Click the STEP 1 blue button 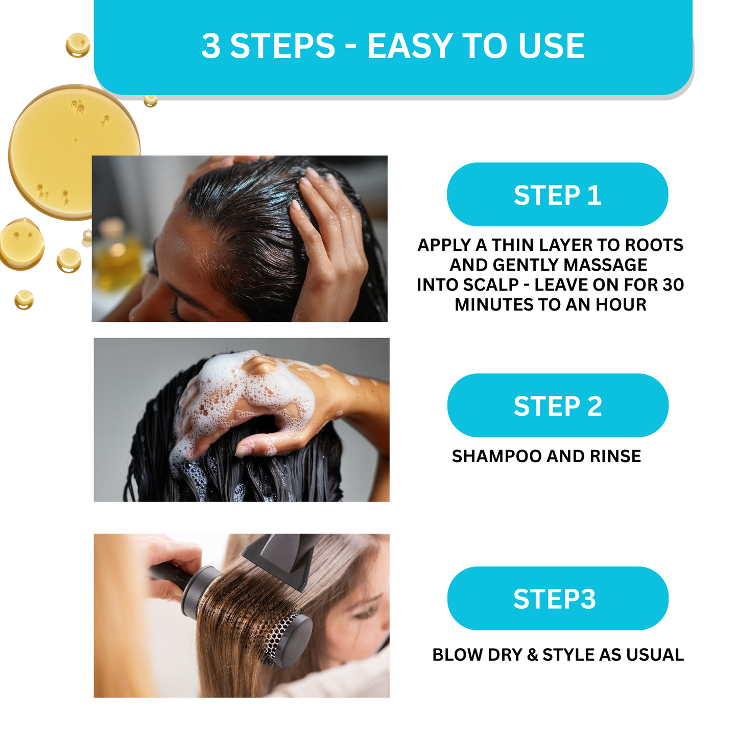557,195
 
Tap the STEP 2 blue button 557,406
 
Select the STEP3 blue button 557,599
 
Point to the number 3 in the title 211,46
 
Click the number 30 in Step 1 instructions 673,284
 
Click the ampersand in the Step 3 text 533,655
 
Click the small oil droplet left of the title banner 78,45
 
